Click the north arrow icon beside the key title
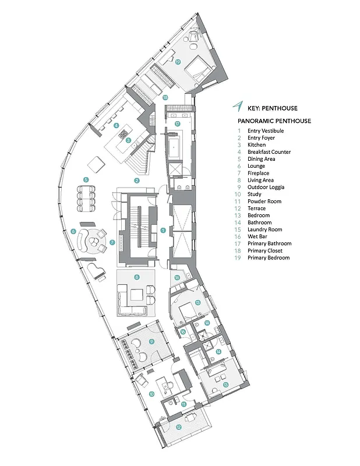[237, 107]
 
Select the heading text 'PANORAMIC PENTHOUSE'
[274, 121]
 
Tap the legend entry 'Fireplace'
[259, 173]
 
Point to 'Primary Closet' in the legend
[264, 250]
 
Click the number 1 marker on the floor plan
[164, 230]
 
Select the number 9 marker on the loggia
[150, 341]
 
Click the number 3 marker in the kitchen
[128, 140]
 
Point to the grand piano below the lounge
[94, 270]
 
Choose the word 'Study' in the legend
[255, 194]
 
